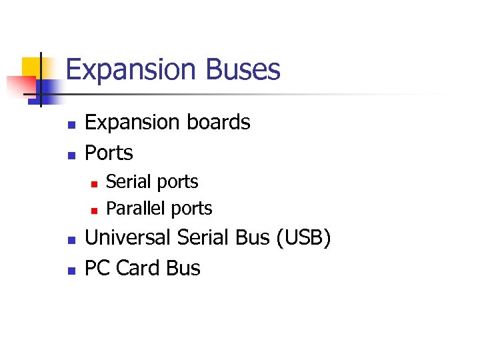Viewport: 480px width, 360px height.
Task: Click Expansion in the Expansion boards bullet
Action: click(x=128, y=123)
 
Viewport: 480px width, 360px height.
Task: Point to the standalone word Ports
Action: click(x=109, y=153)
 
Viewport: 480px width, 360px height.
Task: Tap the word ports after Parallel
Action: click(x=189, y=209)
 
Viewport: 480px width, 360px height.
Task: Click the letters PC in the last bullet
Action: click(x=97, y=268)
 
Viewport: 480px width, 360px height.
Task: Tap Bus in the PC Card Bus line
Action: click(x=183, y=268)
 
